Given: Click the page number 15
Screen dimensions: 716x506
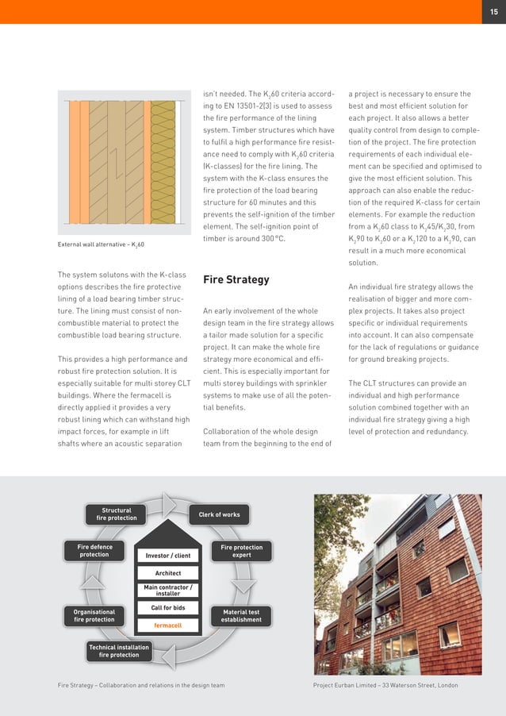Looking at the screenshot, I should pos(493,11).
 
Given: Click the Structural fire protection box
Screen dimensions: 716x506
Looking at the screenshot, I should pos(117,514).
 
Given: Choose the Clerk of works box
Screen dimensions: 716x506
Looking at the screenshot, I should pos(219,514).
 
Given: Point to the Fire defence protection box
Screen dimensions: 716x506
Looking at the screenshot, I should pos(94,551).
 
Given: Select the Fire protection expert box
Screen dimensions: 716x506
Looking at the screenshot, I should pos(241,551).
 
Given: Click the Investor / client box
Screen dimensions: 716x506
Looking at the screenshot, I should pos(168,556).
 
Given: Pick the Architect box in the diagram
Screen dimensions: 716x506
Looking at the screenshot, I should pos(168,573).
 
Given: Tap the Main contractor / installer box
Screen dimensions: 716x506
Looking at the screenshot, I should pos(168,590).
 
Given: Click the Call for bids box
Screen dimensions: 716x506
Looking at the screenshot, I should pos(168,608).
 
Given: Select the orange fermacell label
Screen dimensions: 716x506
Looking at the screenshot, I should pos(168,626).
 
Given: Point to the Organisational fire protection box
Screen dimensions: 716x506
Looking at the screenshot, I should pos(94,616).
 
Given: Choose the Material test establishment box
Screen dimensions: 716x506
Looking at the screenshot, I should pos(241,616).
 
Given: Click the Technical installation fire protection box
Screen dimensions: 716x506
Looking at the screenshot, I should pos(119,652).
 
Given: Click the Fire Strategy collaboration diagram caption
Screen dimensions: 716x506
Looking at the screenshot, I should pos(141,685).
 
